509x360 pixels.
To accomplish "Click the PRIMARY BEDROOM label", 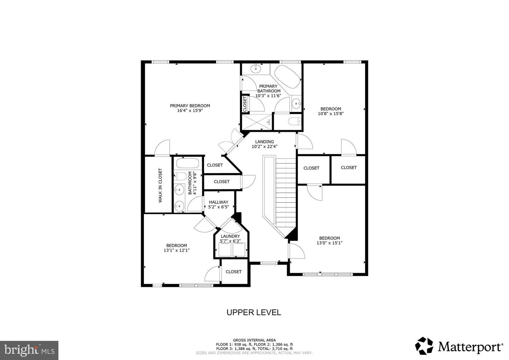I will tap(190, 106).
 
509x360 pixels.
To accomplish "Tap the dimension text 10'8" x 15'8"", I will tap(330, 114).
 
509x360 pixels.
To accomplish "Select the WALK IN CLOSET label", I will tap(160, 185).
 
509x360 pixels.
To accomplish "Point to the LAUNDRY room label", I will tap(230, 236).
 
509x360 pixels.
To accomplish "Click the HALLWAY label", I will tap(218, 202).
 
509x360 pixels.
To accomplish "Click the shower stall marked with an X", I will tap(257, 122).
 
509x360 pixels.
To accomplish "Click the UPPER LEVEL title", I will tap(253, 312).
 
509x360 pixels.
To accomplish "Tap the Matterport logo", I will tap(459, 346).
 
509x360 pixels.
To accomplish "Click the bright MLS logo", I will tap(29, 350).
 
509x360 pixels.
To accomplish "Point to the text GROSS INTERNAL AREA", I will tap(254, 340).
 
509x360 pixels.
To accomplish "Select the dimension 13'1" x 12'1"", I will tap(176, 250).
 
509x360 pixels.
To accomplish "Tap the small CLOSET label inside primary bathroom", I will tap(245, 104).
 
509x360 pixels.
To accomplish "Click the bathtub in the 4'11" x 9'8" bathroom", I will tap(188, 164).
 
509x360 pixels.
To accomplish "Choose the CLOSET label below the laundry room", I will tap(233, 272).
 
